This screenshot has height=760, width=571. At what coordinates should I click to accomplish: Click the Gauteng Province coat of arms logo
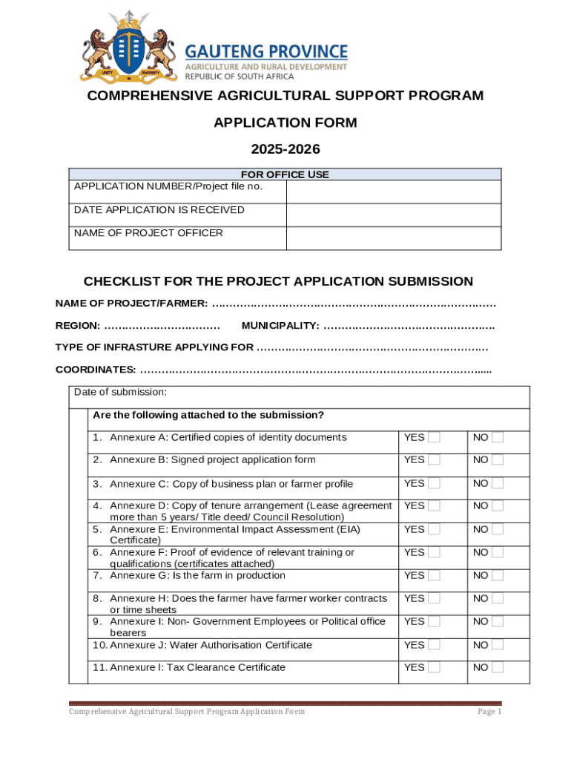point(129,45)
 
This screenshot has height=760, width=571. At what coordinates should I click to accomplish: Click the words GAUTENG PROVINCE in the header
point(265,51)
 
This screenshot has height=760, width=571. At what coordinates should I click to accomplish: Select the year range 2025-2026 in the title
point(285,149)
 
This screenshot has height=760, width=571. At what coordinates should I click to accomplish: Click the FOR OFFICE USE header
point(285,174)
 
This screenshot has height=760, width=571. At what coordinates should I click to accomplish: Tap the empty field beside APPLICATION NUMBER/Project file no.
point(393,192)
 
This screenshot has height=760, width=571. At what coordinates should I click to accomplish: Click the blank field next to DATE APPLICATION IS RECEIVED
point(393,214)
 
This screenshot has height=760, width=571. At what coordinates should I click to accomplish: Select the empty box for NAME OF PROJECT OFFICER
point(393,237)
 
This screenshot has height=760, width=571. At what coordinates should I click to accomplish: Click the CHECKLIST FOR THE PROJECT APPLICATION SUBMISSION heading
point(278,281)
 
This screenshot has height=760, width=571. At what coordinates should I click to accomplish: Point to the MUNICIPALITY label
point(280,326)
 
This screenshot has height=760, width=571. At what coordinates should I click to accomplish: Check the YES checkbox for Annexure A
point(434,437)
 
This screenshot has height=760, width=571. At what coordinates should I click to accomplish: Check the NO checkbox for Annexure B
point(498,459)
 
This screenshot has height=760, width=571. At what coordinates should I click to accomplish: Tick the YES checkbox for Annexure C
point(434,483)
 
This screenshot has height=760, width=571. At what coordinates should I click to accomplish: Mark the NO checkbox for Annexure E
point(498,529)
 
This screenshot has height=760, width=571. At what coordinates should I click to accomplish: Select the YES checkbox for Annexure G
point(434,575)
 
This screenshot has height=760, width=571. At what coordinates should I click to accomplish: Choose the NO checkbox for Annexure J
point(498,645)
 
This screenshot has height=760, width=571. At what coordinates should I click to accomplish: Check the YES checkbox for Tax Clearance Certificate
point(434,667)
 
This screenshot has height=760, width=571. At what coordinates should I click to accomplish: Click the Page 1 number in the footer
point(489,712)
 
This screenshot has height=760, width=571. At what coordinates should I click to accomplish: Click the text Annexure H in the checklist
point(133,598)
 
